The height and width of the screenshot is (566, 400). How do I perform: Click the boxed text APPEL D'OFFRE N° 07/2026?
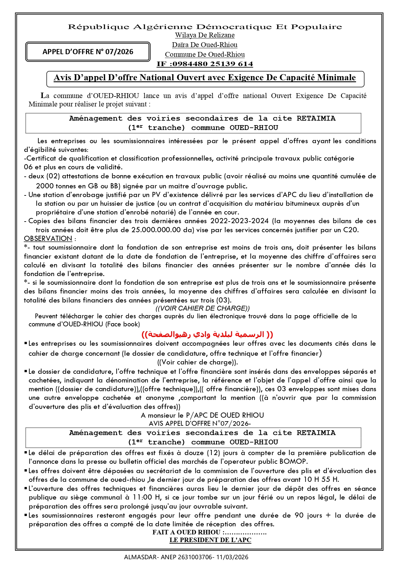[x=88, y=52]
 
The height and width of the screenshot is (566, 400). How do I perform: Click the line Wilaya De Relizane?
[x=205, y=35]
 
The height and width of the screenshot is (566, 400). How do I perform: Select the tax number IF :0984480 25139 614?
[x=205, y=64]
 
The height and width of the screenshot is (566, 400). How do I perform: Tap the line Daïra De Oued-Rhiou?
[x=205, y=45]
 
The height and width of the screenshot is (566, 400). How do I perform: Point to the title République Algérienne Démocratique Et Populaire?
[x=205, y=27]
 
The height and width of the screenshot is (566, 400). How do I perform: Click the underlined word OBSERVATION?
[x=48, y=239]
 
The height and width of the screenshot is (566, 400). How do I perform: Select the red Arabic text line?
[x=207, y=334]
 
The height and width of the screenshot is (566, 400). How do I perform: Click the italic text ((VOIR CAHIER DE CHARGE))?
[x=202, y=308]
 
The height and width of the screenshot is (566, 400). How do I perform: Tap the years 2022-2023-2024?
[x=239, y=221]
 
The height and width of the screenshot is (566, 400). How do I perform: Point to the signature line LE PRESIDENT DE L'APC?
[x=210, y=540]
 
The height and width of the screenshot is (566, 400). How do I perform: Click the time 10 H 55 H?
[x=321, y=480]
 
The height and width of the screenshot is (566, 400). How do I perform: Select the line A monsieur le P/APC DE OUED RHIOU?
[x=202, y=415]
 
